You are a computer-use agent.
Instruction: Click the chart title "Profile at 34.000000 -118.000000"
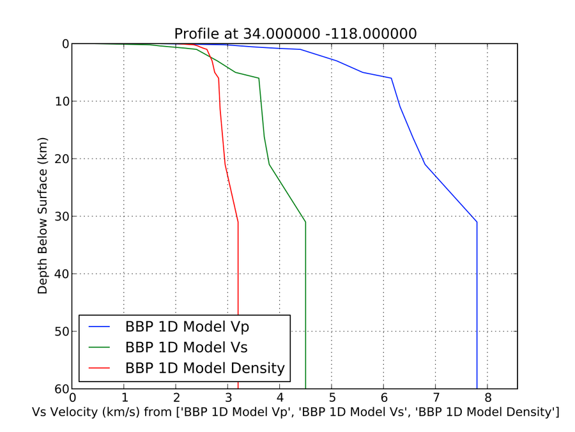click(x=295, y=33)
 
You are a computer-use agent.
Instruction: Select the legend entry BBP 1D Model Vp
click(x=187, y=327)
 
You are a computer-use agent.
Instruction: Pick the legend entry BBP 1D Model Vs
click(x=187, y=348)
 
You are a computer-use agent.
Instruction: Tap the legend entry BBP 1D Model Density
click(x=204, y=369)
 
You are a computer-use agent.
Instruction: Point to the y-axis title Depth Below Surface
click(x=43, y=216)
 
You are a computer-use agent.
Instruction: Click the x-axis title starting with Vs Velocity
click(x=295, y=413)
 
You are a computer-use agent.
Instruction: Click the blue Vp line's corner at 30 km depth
click(x=477, y=222)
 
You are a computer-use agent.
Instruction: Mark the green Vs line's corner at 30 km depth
click(x=305, y=222)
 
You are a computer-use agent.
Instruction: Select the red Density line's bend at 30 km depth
click(x=238, y=222)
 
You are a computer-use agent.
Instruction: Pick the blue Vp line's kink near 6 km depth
click(x=391, y=78)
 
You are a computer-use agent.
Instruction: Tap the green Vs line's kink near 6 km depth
click(x=259, y=78)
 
